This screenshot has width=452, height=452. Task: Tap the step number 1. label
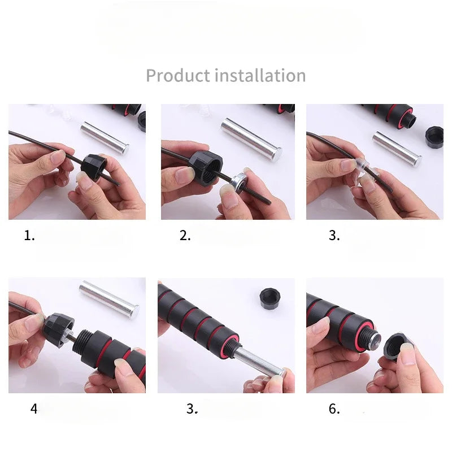(x=29, y=236)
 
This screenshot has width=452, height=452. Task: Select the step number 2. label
(x=185, y=236)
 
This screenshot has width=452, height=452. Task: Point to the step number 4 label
(x=34, y=408)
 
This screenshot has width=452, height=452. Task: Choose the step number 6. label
(x=334, y=408)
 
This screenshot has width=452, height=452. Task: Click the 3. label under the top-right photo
(x=334, y=236)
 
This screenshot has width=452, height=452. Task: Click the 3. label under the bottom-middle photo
(x=192, y=408)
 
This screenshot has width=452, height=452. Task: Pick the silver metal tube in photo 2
(x=251, y=139)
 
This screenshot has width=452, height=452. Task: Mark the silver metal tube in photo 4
(x=109, y=299)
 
